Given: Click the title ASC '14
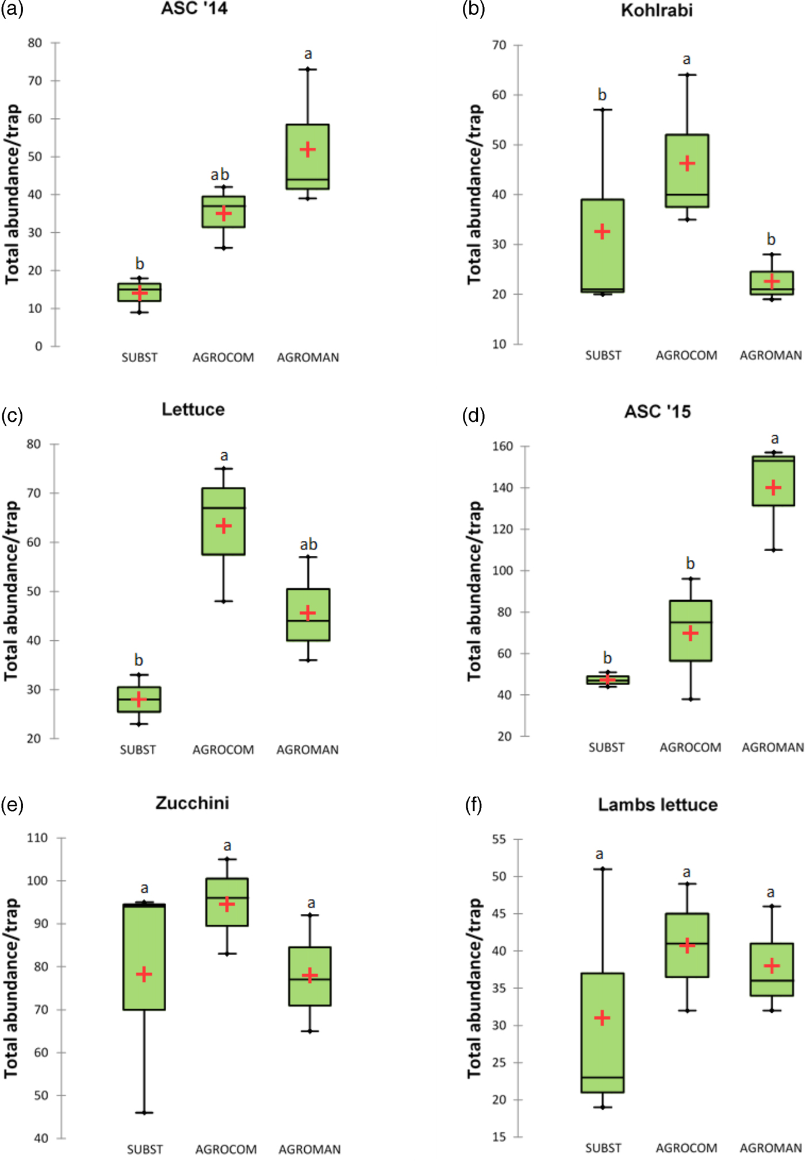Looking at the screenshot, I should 194,9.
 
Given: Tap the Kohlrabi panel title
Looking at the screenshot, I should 657,10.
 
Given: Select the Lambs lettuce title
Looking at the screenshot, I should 657,805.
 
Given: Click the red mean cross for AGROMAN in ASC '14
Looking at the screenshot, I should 308,149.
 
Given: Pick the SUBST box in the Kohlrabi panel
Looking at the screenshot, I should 603,246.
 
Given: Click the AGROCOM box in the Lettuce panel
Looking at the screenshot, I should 224,521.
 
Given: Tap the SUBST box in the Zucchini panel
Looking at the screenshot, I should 144,957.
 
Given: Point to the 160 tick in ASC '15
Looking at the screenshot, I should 503,447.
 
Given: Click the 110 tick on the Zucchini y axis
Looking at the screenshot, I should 37,838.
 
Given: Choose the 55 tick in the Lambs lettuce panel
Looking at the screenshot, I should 499,840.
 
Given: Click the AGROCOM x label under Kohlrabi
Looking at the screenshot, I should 687,356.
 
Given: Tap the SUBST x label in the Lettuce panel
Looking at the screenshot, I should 138,750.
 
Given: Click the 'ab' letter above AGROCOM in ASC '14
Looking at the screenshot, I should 220,175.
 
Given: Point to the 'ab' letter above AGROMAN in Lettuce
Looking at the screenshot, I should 309,544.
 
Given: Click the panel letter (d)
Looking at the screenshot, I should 473,416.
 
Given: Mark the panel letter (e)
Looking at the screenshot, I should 12,805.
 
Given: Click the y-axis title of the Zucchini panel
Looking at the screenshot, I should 11,988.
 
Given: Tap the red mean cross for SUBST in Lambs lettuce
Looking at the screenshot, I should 602,1018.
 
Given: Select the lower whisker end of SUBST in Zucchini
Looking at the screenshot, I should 144,1113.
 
